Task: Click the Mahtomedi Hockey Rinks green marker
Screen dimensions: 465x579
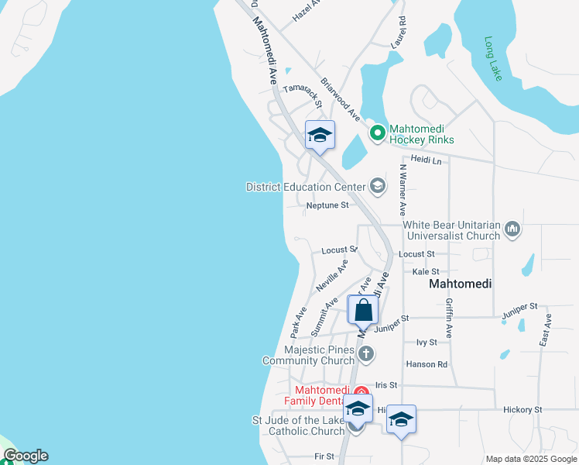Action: click(377, 133)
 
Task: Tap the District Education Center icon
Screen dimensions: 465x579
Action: click(377, 185)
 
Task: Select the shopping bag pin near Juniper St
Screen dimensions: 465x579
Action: click(364, 310)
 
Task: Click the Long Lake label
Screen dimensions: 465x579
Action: click(493, 58)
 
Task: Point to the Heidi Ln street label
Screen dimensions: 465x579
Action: click(426, 160)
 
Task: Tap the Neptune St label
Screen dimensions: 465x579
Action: click(327, 205)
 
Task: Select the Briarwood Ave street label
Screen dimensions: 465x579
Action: click(341, 98)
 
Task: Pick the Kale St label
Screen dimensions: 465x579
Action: click(426, 272)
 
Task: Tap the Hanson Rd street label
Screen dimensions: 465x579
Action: click(427, 364)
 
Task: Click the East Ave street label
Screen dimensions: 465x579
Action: click(547, 329)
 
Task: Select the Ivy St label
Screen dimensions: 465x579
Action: click(427, 342)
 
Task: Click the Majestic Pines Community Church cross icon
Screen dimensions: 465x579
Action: click(368, 354)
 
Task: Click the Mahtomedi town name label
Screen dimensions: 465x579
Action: click(461, 284)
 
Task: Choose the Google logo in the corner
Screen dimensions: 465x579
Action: click(26, 456)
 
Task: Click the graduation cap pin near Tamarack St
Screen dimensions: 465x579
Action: click(320, 136)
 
